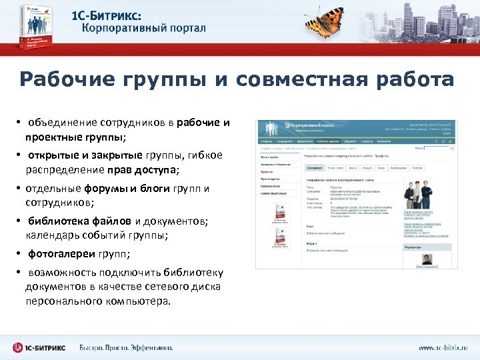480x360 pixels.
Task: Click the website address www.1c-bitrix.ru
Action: (443, 348)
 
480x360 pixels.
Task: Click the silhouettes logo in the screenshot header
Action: (271, 129)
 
